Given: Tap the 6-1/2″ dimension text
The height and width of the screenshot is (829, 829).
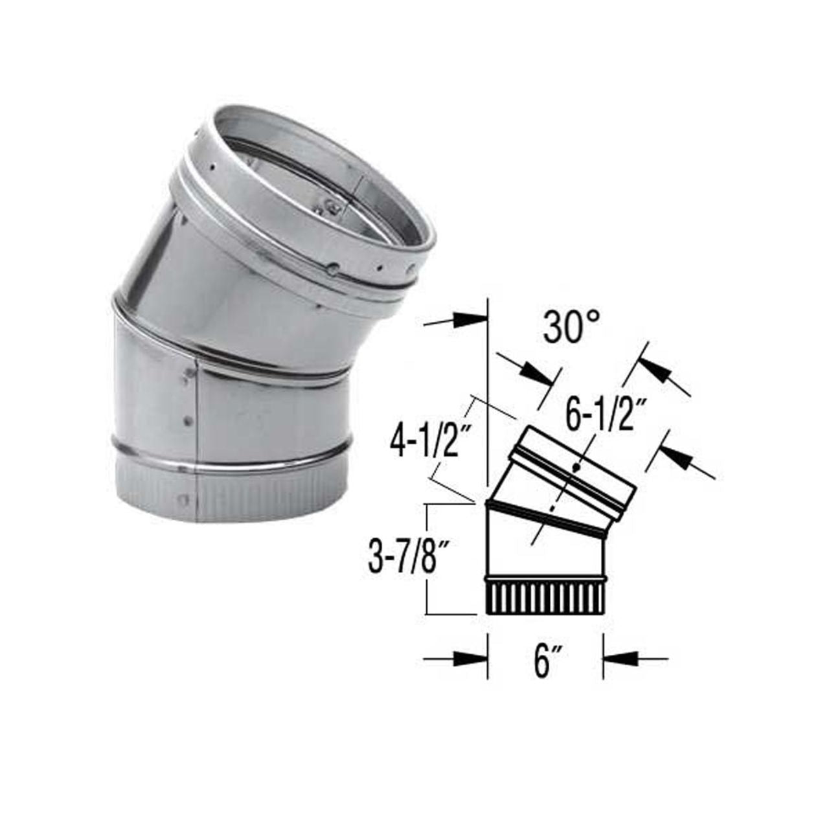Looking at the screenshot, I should (x=600, y=421).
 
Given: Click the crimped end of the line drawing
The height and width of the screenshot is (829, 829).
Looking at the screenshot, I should (x=545, y=596).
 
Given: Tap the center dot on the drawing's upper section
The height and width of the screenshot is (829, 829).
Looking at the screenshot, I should (x=575, y=467).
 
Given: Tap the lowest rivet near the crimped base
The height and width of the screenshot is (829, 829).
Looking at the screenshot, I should (x=182, y=501).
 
